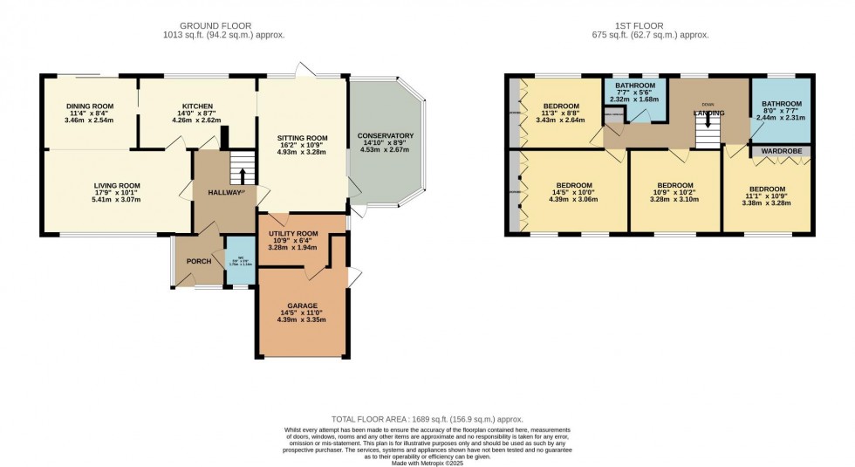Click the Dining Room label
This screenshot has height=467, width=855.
[x=90, y=106]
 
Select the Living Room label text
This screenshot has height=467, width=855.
[x=117, y=185]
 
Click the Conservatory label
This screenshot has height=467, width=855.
[x=385, y=136]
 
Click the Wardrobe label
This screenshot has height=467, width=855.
[x=781, y=151]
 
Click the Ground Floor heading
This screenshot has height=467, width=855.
[x=224, y=26]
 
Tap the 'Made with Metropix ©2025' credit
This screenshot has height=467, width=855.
[x=427, y=462]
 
